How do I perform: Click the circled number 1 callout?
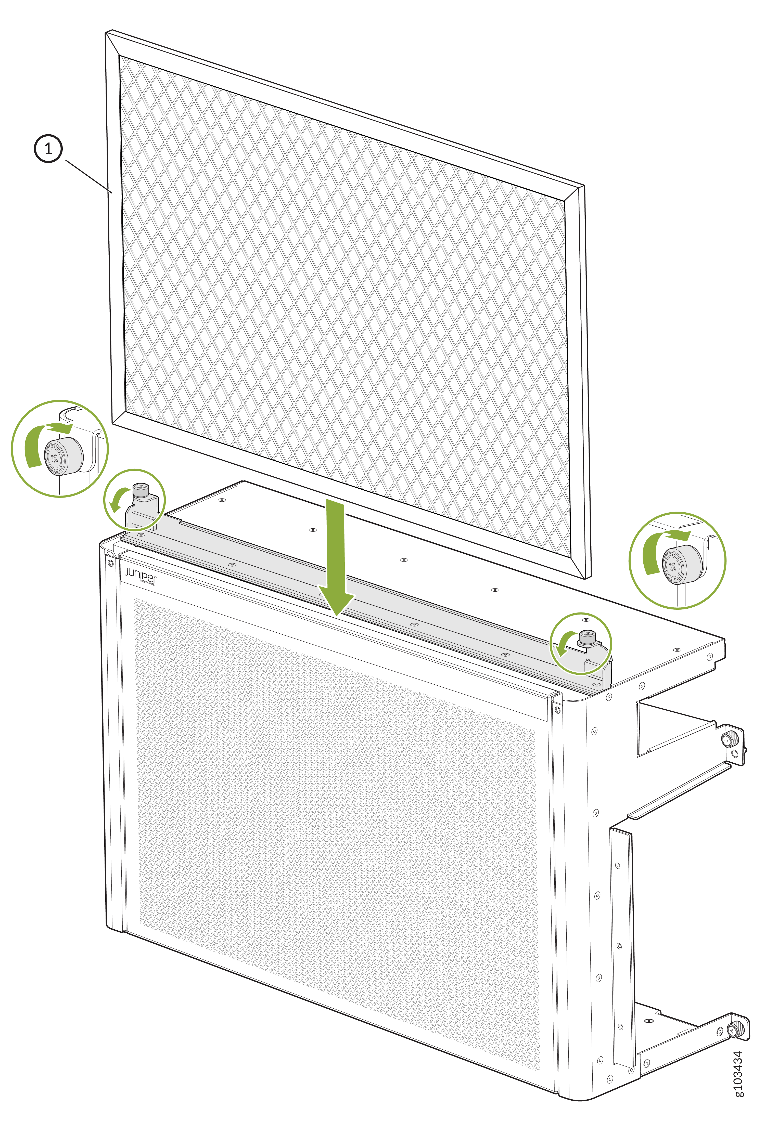tap(48, 149)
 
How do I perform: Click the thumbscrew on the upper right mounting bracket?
tap(729, 740)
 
